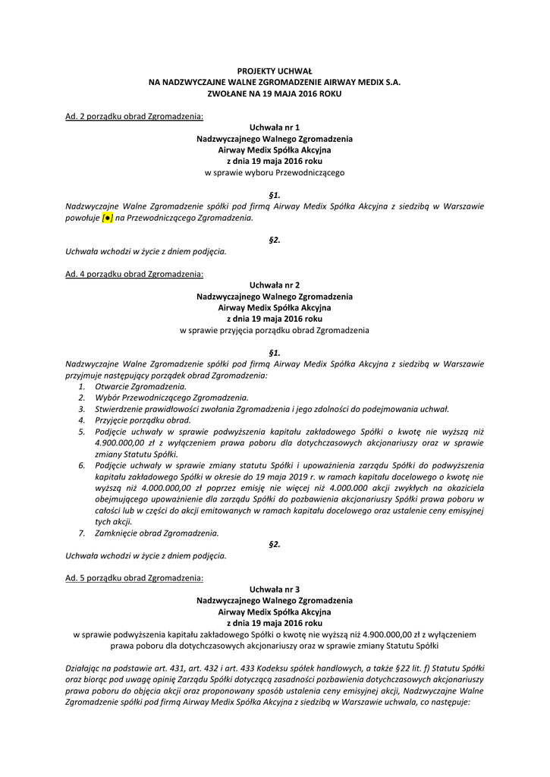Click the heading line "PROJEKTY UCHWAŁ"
point(274,70)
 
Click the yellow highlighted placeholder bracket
point(108,218)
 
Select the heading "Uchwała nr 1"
point(274,128)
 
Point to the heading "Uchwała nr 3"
point(274,589)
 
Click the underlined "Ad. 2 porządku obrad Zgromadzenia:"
point(134,116)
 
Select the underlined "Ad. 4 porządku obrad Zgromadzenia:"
point(134,274)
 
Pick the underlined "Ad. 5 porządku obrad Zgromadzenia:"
point(134,577)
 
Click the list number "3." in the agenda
point(82,408)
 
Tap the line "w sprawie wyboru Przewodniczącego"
point(274,173)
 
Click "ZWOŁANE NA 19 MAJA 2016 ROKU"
point(274,93)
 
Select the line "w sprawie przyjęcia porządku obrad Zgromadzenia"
point(274,331)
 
